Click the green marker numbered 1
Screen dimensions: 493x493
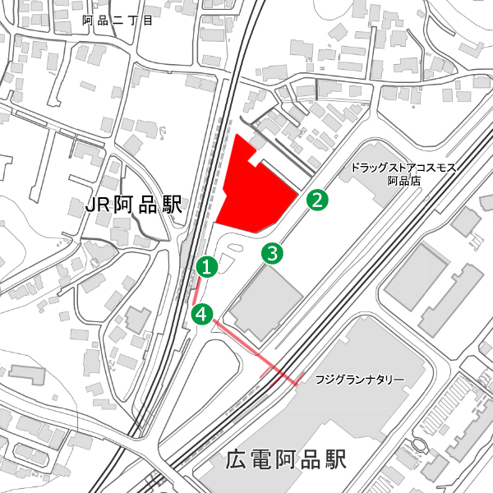207,266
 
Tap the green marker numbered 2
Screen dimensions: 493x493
317,199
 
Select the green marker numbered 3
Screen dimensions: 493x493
273,253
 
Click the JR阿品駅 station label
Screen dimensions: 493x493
134,205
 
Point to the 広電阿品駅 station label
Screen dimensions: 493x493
286,458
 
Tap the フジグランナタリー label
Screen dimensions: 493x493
360,380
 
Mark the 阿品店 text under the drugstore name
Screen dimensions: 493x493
403,180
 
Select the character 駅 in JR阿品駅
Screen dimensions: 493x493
171,205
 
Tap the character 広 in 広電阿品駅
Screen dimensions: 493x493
236,458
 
